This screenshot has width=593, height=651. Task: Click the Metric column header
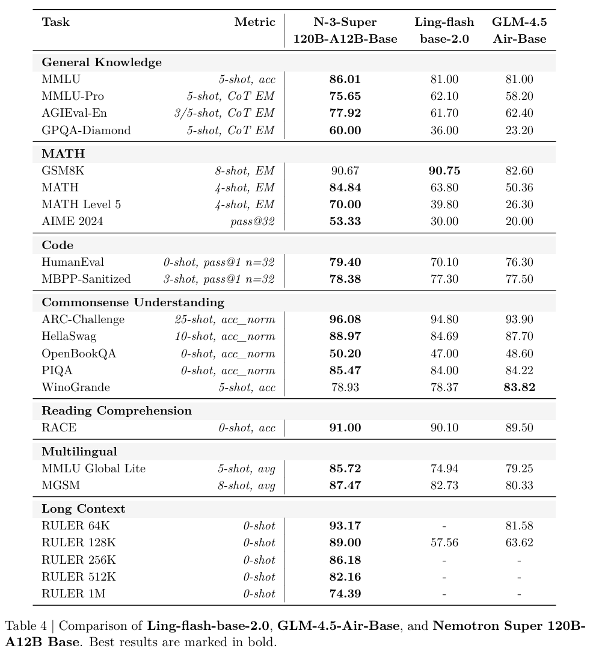point(254,22)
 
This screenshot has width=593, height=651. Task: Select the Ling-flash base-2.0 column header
point(444,31)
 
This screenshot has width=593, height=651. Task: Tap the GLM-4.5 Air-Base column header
point(519,31)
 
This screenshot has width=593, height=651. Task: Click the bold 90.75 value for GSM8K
point(444,171)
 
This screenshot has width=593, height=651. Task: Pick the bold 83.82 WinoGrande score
point(519,387)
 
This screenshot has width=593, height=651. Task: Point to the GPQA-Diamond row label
point(86,130)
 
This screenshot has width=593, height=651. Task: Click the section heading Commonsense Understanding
point(133,302)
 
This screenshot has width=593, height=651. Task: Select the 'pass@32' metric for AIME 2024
point(253,221)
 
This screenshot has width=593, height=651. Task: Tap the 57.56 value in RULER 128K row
point(444,543)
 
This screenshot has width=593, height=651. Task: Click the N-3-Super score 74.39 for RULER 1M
point(345,594)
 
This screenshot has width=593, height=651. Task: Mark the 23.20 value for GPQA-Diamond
point(519,130)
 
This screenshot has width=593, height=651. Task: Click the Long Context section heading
point(84,509)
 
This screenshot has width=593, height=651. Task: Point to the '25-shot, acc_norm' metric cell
point(225,319)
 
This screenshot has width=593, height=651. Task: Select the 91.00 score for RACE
point(345,428)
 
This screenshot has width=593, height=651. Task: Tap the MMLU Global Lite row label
point(94,468)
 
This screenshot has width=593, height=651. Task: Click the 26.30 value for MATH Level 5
point(519,205)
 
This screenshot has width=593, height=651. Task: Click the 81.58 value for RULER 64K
point(519,526)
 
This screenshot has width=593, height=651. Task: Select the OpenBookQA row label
point(79,354)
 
